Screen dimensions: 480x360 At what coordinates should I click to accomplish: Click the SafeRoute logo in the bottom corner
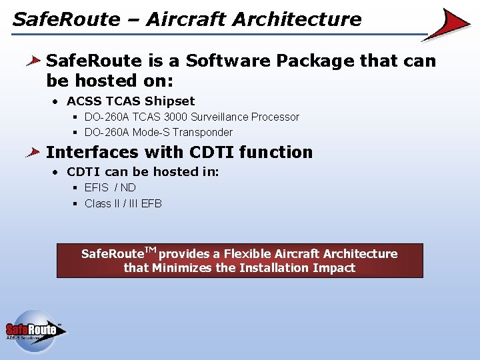click(x=36, y=331)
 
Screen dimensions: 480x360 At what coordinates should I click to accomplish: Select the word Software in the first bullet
click(x=228, y=60)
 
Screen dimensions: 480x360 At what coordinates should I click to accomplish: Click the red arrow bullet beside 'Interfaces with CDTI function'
click(x=33, y=152)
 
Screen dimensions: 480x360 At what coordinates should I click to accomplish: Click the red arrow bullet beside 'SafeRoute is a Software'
click(x=33, y=61)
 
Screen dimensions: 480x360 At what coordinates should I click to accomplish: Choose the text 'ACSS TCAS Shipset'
click(x=131, y=101)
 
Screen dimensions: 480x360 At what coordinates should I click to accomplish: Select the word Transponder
click(x=203, y=133)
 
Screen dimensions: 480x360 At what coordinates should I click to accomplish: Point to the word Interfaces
click(x=92, y=152)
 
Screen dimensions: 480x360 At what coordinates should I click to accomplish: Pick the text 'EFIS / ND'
click(x=110, y=187)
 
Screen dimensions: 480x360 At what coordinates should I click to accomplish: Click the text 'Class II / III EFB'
click(x=123, y=203)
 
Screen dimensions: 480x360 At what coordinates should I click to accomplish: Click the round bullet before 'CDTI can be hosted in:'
click(x=55, y=173)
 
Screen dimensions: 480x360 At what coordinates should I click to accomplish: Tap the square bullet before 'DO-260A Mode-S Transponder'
click(x=75, y=133)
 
